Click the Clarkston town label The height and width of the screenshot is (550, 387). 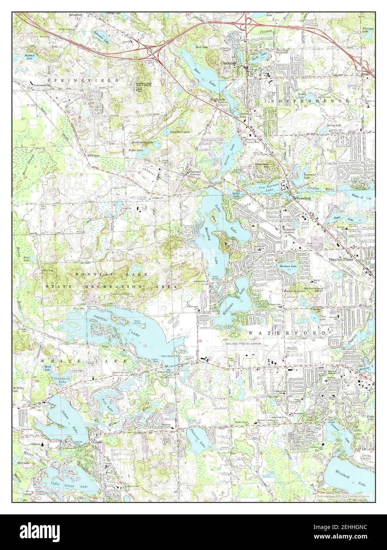coord(228,63)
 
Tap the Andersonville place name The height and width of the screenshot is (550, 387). coord(42,85)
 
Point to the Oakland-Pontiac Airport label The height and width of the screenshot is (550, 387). coord(244,344)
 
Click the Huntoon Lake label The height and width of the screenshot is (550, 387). coord(288,267)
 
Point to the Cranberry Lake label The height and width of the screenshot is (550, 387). coord(51,379)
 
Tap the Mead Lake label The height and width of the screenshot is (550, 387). coord(49,368)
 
